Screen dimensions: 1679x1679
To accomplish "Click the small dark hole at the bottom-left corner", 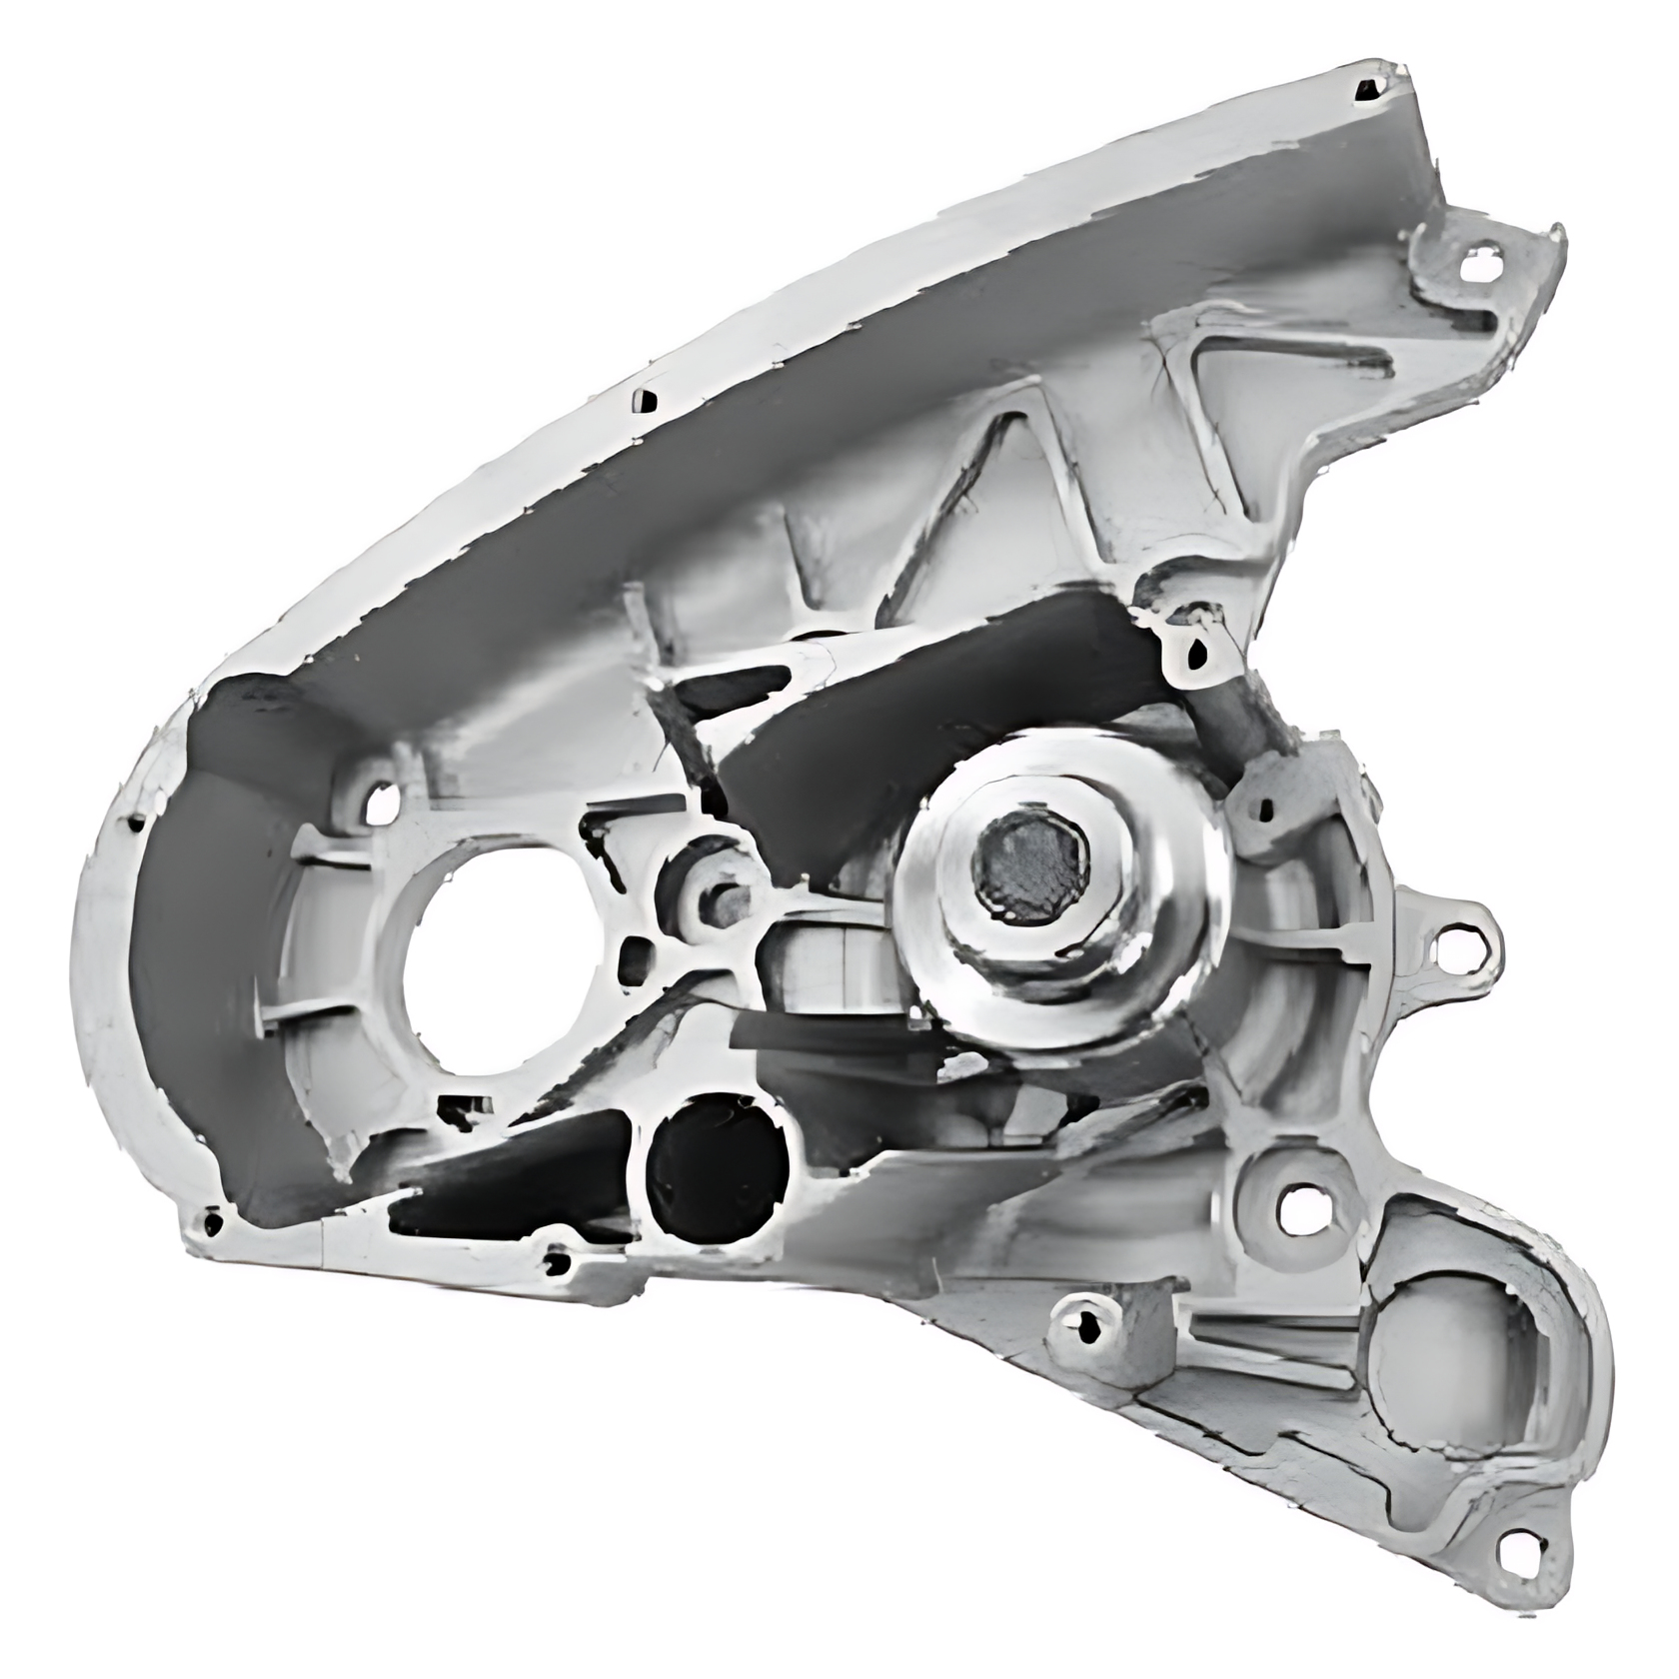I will point(211,1221).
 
